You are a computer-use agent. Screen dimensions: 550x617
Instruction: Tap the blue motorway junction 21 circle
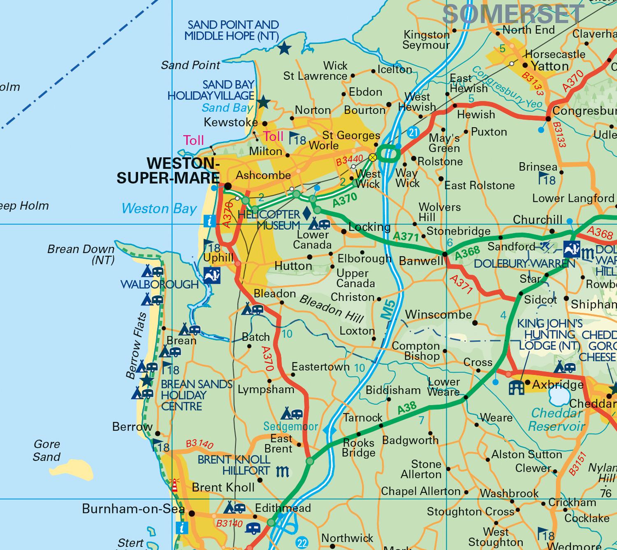point(413,132)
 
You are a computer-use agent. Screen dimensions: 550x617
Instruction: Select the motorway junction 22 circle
point(302,542)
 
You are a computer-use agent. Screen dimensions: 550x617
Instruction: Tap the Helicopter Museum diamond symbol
point(306,213)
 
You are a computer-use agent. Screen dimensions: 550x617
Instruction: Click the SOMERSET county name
point(513,14)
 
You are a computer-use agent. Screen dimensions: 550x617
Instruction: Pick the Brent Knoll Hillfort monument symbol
point(283,471)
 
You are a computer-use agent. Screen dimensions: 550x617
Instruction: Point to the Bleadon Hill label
point(332,309)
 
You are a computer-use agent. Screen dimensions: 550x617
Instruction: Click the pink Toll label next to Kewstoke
point(273,136)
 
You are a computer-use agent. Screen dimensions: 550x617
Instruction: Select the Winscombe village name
point(438,315)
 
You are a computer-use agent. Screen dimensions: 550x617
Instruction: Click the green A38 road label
point(407,408)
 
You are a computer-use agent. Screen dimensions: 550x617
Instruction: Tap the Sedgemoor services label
point(290,426)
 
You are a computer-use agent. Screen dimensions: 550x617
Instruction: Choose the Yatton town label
point(550,66)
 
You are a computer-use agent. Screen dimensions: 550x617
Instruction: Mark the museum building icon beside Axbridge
point(517,387)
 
